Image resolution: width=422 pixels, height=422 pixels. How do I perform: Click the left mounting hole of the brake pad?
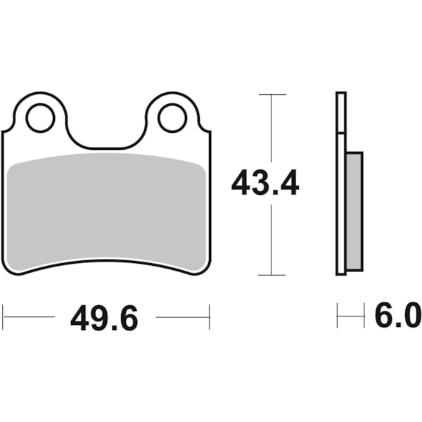pyautogui.click(x=40, y=117)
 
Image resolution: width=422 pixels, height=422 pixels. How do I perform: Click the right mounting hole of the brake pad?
pyautogui.click(x=172, y=117)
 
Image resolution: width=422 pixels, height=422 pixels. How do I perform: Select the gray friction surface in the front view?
pyautogui.click(x=107, y=211)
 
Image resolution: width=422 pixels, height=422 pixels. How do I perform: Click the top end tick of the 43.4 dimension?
pyautogui.click(x=272, y=94)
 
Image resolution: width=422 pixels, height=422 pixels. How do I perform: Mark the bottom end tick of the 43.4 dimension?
pyautogui.click(x=272, y=275)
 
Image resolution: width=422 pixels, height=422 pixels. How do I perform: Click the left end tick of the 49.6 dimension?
pyautogui.click(x=3, y=317)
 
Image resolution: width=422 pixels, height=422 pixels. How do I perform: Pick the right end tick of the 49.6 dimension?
pyautogui.click(x=210, y=317)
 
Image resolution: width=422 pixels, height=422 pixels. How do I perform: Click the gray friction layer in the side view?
pyautogui.click(x=354, y=211)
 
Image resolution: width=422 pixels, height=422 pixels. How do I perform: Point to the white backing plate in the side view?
pyautogui.click(x=342, y=211)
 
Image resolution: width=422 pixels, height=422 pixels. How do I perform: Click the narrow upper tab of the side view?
pyautogui.click(x=341, y=113)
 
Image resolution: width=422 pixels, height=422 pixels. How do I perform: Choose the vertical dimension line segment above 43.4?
pyautogui.click(x=272, y=130)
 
